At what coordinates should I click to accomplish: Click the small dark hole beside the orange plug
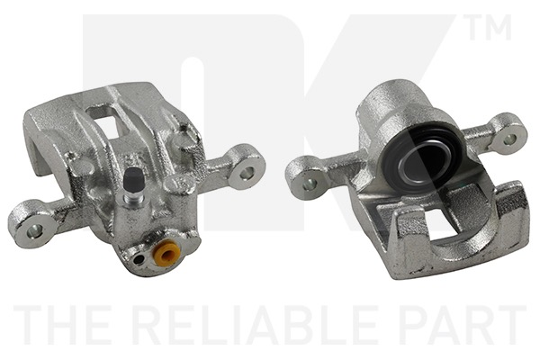(x=139, y=259)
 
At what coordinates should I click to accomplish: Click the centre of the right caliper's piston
(x=420, y=162)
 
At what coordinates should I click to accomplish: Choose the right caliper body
(x=423, y=198)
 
